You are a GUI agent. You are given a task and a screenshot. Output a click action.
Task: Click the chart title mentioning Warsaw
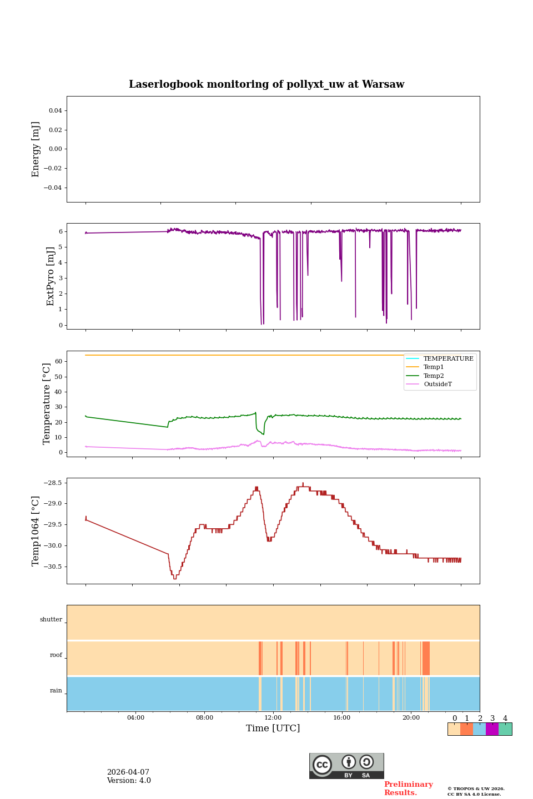point(266,84)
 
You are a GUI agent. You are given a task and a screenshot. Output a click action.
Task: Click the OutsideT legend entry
point(438,384)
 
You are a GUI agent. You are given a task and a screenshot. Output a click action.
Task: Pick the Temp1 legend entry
point(434,367)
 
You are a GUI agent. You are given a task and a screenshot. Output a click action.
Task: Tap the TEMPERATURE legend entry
point(448,358)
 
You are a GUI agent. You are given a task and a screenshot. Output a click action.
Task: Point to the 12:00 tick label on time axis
point(273,717)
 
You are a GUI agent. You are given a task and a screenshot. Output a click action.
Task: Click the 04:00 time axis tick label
point(135,717)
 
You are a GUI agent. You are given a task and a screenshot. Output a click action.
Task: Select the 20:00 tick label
point(411,717)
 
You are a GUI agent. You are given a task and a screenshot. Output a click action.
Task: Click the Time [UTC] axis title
point(273,728)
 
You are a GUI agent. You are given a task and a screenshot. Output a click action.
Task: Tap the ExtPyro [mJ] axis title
point(51,276)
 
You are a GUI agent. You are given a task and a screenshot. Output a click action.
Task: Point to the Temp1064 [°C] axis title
point(36,531)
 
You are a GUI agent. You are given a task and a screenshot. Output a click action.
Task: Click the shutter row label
point(51,620)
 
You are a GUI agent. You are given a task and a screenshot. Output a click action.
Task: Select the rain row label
point(56,691)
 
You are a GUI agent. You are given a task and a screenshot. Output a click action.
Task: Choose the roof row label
point(56,655)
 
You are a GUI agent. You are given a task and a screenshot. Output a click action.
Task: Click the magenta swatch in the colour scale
point(492,729)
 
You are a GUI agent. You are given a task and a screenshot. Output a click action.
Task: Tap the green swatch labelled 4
point(505,729)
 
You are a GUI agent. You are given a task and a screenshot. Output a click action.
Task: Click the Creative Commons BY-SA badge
point(346,766)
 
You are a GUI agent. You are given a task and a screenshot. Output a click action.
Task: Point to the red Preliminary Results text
point(408,788)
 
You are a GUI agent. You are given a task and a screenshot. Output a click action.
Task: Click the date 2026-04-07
point(128,772)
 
